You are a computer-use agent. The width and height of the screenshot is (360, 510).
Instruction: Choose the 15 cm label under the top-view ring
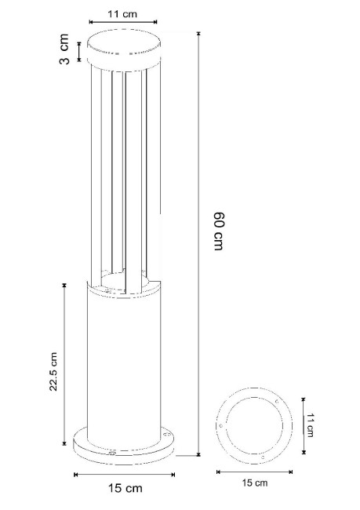[x=256, y=484]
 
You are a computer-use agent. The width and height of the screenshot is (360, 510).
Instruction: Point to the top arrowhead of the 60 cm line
[x=198, y=34]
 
